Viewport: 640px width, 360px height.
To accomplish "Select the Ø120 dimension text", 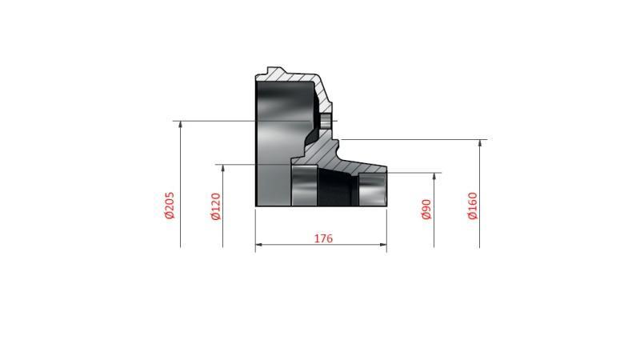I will [215, 206].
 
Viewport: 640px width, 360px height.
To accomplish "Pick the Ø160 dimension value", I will [473, 206].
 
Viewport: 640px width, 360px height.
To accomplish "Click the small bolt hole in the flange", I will [326, 121].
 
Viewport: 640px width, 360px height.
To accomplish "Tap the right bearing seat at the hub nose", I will [372, 189].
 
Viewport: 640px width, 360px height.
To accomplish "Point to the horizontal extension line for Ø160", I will [416, 139].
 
